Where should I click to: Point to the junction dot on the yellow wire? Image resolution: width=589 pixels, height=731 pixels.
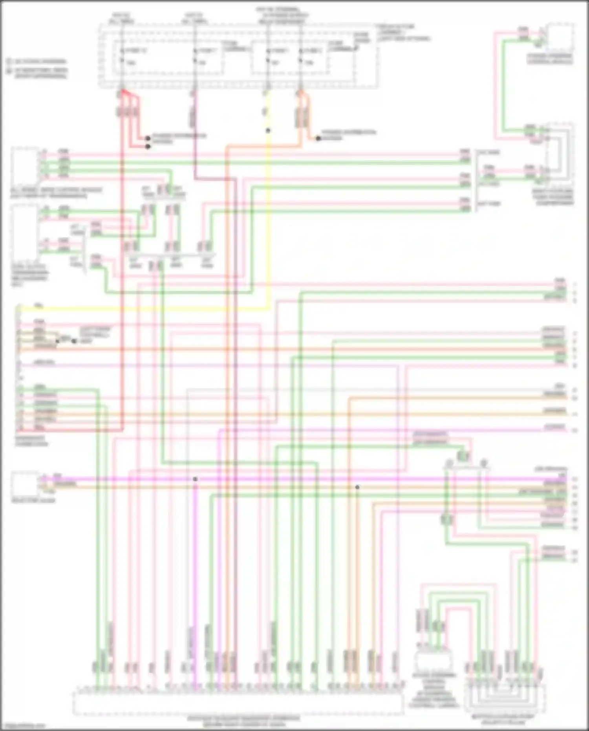pos(268,131)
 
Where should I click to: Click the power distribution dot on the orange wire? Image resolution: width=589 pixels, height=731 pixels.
pos(318,138)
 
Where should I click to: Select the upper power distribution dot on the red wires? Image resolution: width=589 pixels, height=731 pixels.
pos(148,138)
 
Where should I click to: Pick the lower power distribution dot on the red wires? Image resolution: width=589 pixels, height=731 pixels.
pos(148,147)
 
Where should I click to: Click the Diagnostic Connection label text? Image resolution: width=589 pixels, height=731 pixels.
pos(31,440)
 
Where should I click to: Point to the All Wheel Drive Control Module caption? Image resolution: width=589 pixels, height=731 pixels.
pos(55,192)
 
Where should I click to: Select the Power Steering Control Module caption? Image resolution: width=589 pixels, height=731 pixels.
pos(550,59)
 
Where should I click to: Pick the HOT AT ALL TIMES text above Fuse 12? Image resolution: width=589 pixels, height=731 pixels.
pos(122,18)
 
